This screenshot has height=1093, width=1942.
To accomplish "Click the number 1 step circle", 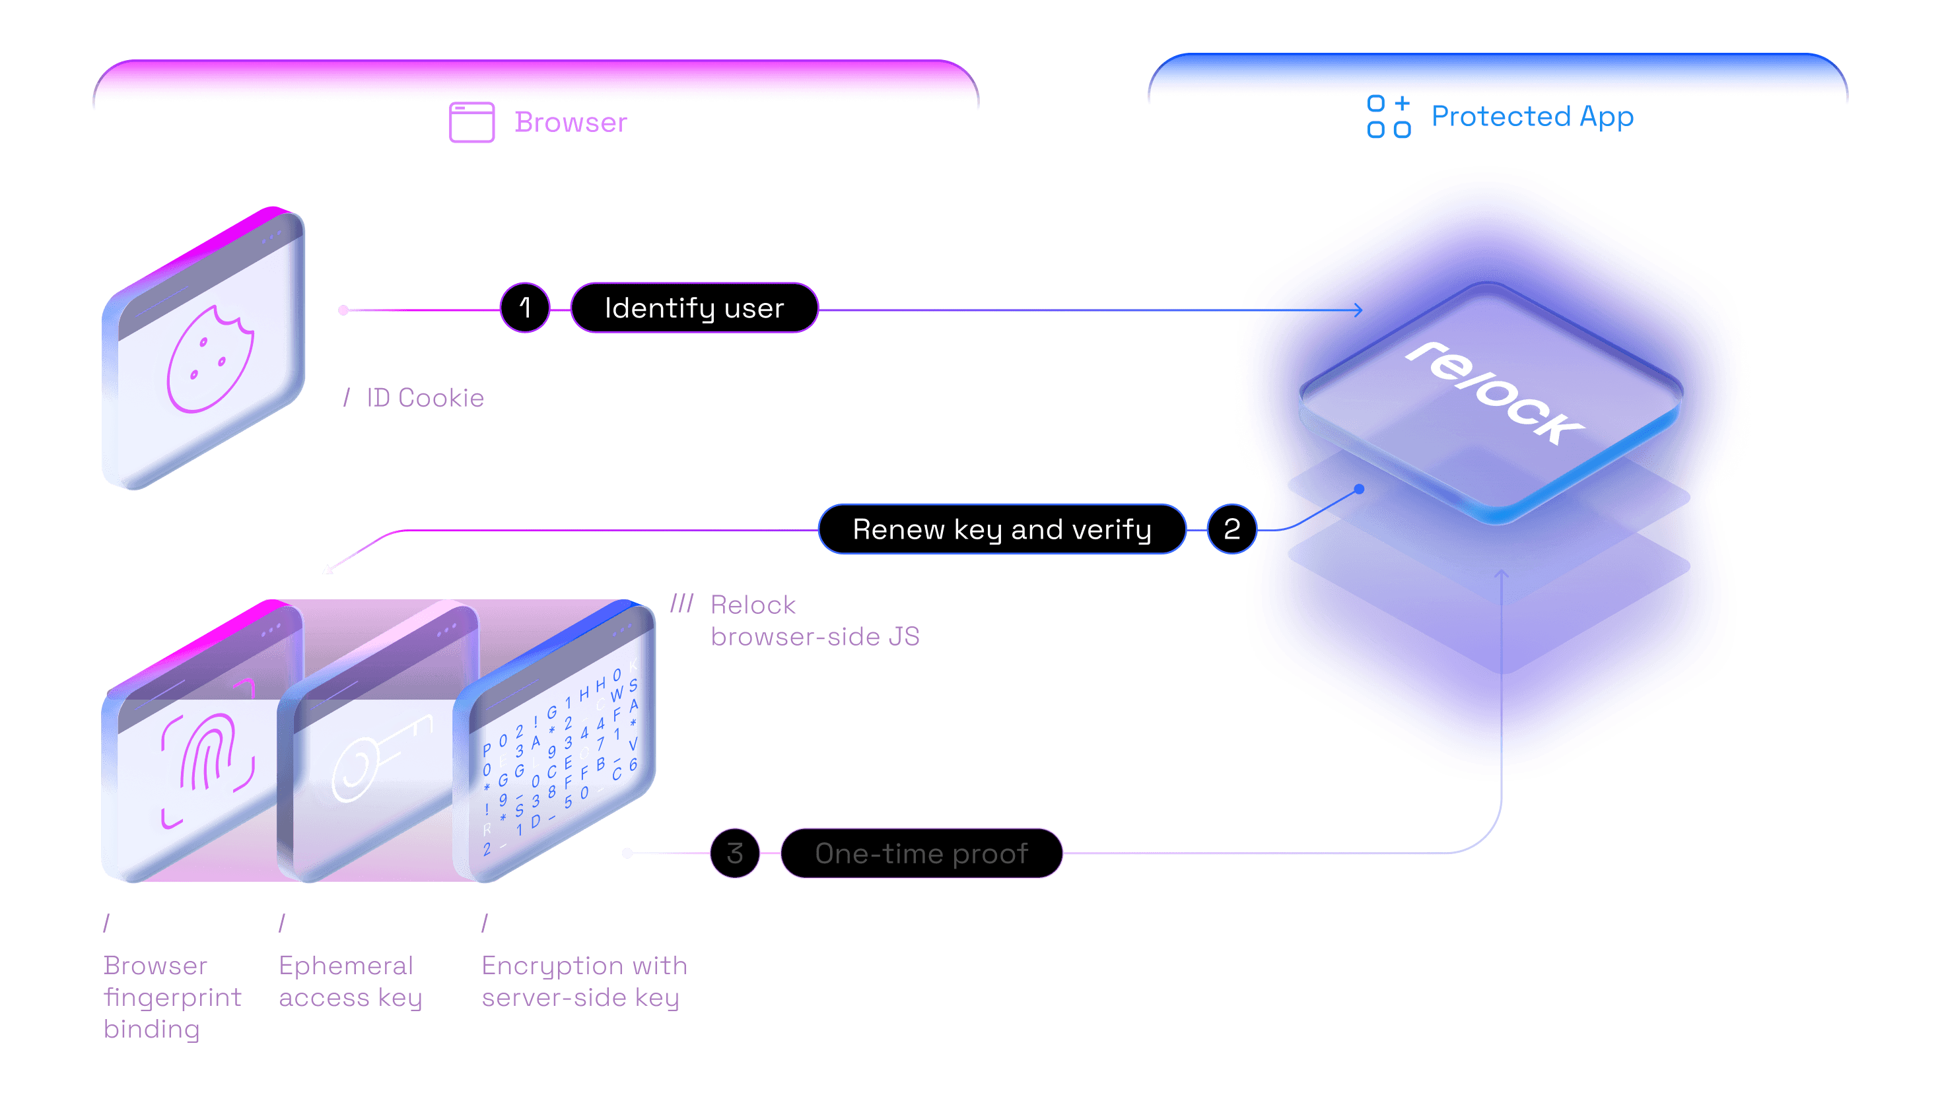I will [525, 308].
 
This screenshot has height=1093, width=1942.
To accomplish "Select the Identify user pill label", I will [694, 308].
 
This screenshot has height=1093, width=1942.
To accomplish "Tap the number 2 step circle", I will [1231, 529].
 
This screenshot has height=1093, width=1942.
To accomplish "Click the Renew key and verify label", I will [1001, 529].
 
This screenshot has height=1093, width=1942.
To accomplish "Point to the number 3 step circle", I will [735, 853].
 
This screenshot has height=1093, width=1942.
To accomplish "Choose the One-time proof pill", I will [921, 853].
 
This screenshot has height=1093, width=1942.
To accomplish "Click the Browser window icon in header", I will [472, 122].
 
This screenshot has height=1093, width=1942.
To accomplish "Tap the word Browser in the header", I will [570, 122].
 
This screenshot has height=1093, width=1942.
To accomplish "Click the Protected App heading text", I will [1532, 116].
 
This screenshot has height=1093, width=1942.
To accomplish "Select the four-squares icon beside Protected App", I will [1389, 117].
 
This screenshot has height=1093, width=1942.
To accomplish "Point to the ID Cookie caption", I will [425, 398].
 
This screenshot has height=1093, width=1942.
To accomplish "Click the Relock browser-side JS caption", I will [814, 620].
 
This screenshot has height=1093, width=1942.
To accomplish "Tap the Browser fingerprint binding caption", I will [172, 997].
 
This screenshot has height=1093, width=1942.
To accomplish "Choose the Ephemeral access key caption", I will [350, 981].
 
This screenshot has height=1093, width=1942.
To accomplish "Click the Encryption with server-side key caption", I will [584, 981].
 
